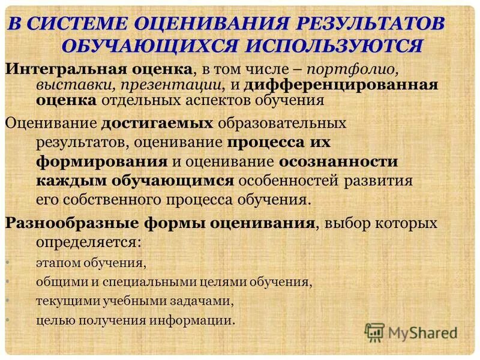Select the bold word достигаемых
point(161,124)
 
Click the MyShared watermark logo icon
point(374,331)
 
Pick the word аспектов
point(233,101)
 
